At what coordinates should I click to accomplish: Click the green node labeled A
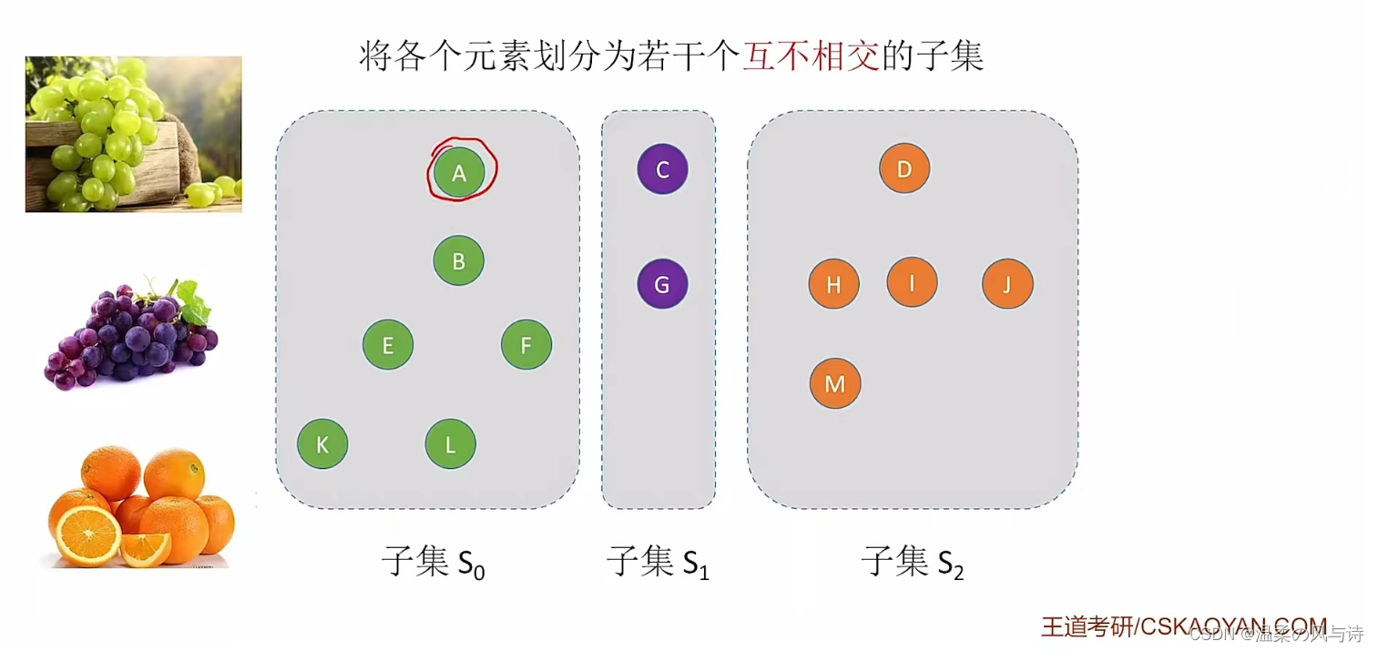point(459,172)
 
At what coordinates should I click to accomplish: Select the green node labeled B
point(458,261)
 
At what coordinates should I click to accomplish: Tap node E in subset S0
point(388,345)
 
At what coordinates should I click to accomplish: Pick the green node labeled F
point(526,345)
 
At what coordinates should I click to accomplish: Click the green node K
point(322,444)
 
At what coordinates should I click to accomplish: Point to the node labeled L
point(450,444)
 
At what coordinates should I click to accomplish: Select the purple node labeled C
point(662,169)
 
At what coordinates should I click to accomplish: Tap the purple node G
point(662,284)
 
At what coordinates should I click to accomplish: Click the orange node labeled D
point(904,168)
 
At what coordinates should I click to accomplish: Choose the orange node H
point(833,284)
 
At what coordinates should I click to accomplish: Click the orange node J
point(1007,284)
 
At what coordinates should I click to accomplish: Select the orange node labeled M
point(835,383)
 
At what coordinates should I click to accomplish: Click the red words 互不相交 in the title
point(811,57)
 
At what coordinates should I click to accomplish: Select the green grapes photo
point(134,134)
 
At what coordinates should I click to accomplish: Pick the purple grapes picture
point(131,333)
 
